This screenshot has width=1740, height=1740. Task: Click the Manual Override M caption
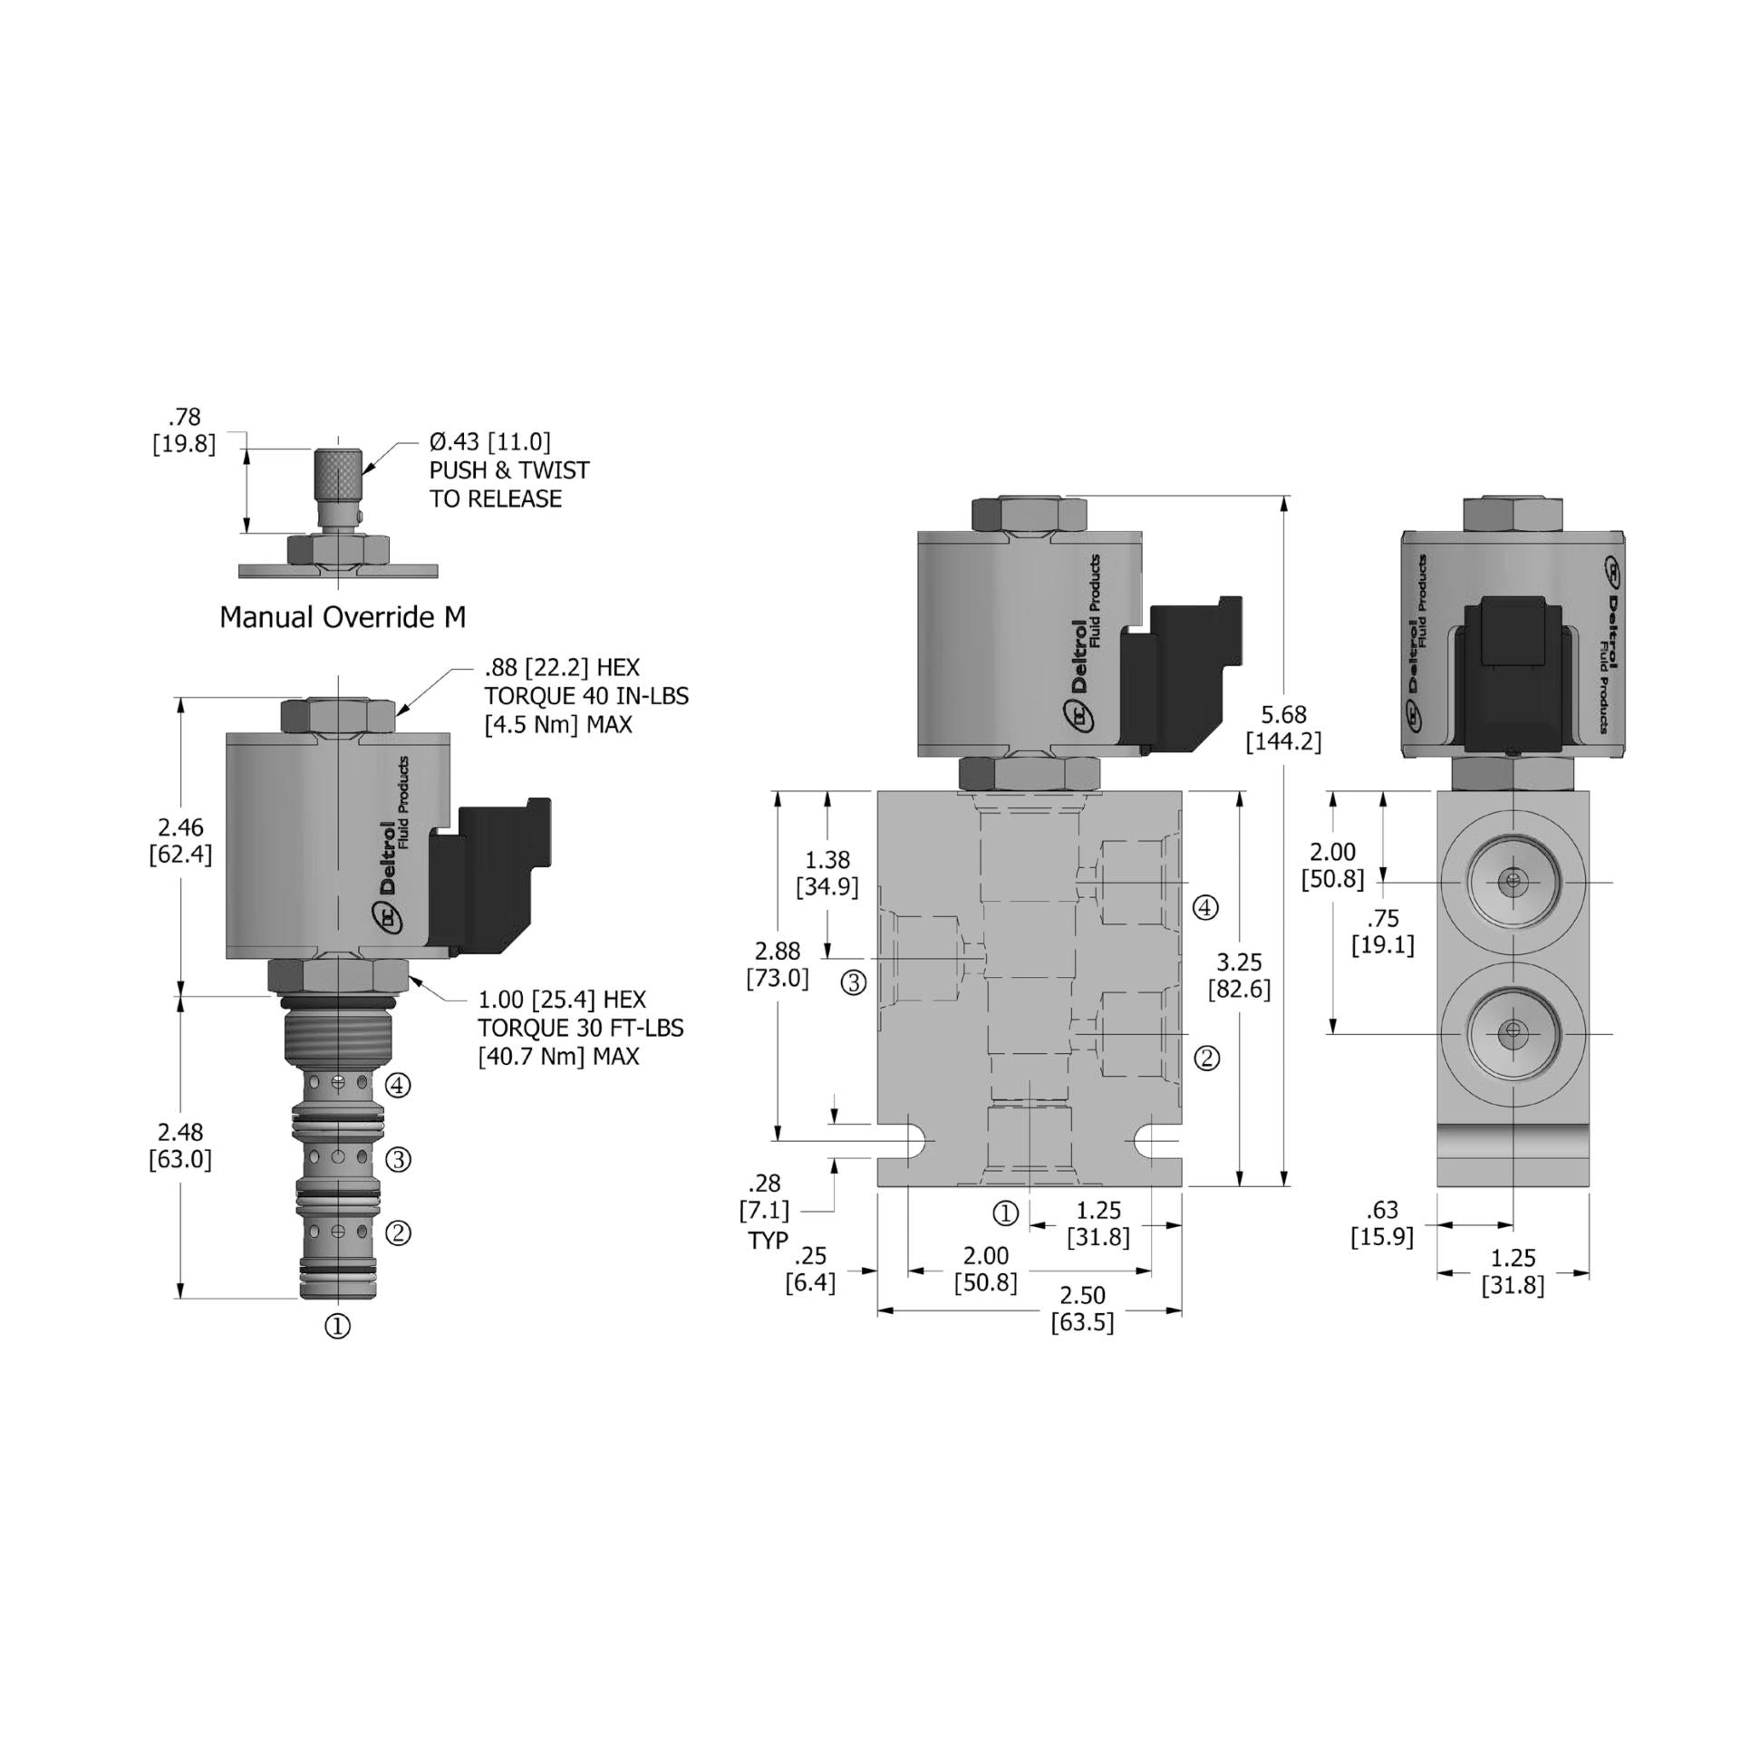(343, 618)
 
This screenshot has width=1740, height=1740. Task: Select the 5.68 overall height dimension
(1283, 728)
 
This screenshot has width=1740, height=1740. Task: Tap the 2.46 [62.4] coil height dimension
(180, 840)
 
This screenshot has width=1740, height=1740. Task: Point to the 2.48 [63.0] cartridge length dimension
(180, 1145)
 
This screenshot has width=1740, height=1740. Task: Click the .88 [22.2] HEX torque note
(585, 695)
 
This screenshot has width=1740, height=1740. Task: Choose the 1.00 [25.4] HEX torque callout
(580, 1027)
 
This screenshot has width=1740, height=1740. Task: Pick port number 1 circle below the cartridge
(337, 1327)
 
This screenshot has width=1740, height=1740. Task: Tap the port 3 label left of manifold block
(854, 982)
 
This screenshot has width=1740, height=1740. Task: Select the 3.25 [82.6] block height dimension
(1239, 975)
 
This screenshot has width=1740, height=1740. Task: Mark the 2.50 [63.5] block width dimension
(1082, 1310)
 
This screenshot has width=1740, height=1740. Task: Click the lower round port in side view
(1512, 1033)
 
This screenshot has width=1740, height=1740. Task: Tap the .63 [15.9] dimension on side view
(1383, 1223)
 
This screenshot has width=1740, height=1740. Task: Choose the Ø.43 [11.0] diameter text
(489, 442)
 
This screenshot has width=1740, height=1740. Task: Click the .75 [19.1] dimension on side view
(1383, 933)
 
